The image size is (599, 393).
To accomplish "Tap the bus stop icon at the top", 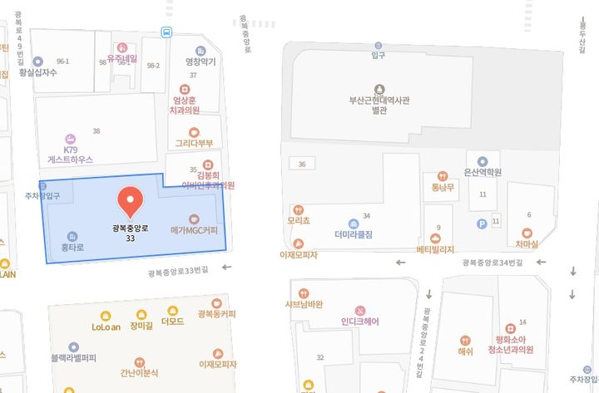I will click(167, 32).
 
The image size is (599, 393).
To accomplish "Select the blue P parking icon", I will click(481, 223).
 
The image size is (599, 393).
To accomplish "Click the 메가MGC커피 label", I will click(193, 229).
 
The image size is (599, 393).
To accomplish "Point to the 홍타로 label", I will click(72, 247).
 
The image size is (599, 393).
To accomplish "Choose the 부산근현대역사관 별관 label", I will click(379, 105).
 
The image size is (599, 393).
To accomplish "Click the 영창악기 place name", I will click(200, 61).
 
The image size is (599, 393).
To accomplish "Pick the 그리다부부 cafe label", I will click(194, 143).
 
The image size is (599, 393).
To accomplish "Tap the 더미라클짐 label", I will click(354, 234).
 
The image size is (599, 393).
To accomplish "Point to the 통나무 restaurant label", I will click(442, 187).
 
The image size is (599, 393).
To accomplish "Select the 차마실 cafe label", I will click(526, 244).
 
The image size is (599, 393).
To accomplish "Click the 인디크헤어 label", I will click(360, 321).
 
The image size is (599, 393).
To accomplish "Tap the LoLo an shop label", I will click(106, 327).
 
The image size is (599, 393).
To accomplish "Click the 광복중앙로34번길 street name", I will click(493, 263).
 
